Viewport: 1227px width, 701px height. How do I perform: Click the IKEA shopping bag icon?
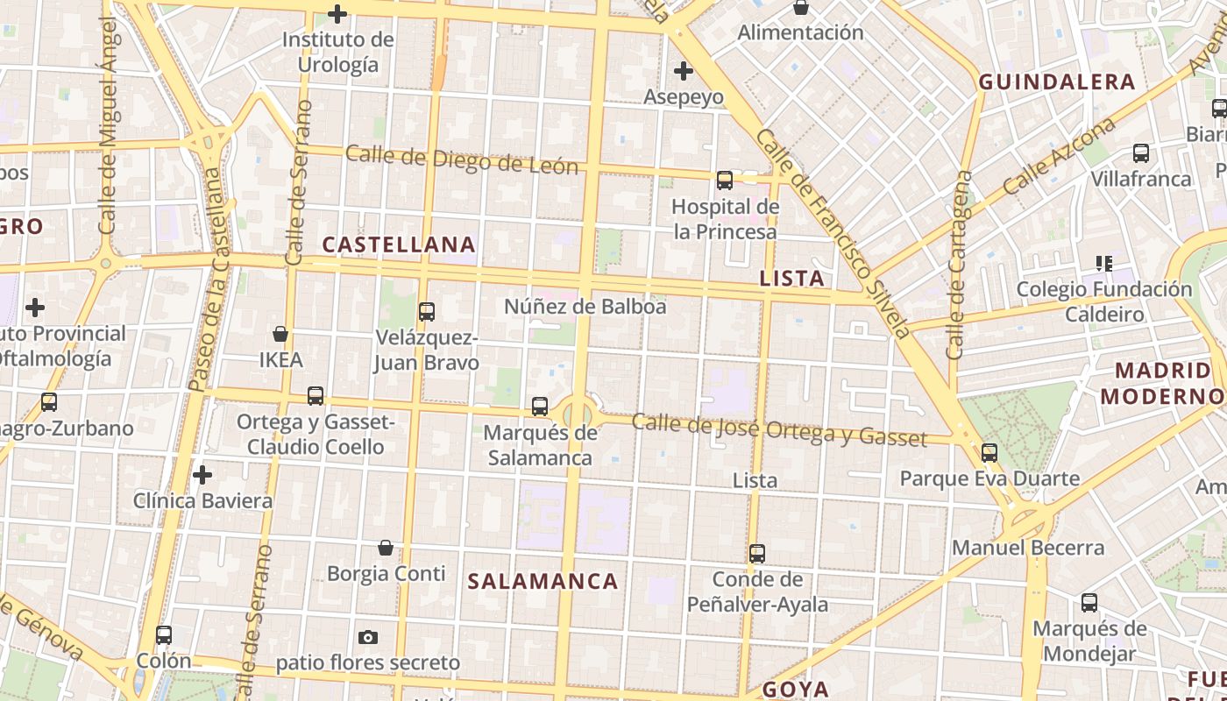(x=280, y=334)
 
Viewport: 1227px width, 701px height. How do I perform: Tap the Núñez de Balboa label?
(x=585, y=307)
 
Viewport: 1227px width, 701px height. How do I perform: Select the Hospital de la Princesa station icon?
(x=725, y=181)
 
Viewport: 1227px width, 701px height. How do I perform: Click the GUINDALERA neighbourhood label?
(x=1057, y=82)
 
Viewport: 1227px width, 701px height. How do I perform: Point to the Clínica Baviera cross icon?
(x=202, y=476)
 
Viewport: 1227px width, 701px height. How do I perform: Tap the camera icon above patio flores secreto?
(x=368, y=637)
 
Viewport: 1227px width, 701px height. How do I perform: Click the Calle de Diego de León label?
(x=462, y=159)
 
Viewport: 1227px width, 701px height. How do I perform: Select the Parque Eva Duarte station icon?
(x=989, y=453)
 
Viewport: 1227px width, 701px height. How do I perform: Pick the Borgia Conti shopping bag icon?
(x=386, y=549)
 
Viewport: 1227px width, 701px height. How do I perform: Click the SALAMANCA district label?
(x=543, y=581)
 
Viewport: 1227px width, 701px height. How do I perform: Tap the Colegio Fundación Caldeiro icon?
(x=1104, y=263)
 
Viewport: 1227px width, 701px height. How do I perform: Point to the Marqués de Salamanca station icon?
(x=540, y=407)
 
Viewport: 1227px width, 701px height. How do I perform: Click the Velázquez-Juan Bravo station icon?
(x=427, y=311)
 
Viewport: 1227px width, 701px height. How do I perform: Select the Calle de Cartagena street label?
(x=960, y=266)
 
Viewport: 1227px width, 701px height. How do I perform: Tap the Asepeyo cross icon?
(x=684, y=71)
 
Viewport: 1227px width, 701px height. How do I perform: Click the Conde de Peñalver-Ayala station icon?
(x=757, y=554)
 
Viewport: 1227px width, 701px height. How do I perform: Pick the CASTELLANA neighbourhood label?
(x=400, y=244)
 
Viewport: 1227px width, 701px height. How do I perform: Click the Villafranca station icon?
(x=1141, y=153)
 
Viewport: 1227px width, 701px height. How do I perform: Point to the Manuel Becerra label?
(x=1028, y=548)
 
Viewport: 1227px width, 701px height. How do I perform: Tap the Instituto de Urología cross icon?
(x=337, y=14)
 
